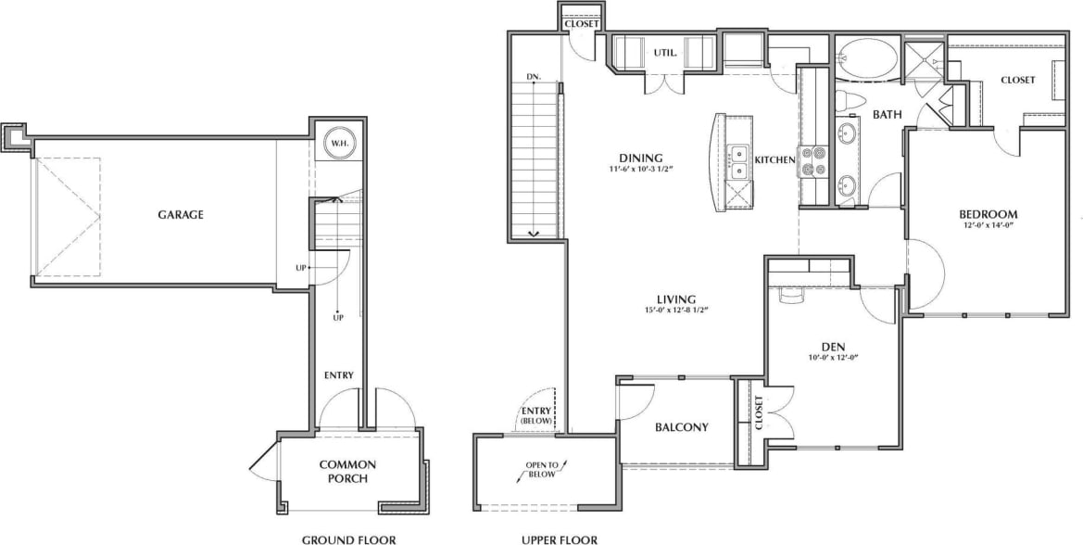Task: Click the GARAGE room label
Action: coord(180,214)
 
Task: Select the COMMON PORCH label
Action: coord(348,471)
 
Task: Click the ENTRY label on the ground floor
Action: coord(338,375)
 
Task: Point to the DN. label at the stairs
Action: coord(534,77)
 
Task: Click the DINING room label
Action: coord(641,158)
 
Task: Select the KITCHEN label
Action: coord(774,160)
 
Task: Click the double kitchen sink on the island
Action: coord(740,161)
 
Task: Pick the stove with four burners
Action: coord(812,162)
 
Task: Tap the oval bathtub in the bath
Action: coord(867,58)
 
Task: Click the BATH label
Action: coord(887,115)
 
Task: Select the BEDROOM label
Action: coord(988,212)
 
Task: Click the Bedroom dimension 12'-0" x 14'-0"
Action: coord(988,224)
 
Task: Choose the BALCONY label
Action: coord(681,427)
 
